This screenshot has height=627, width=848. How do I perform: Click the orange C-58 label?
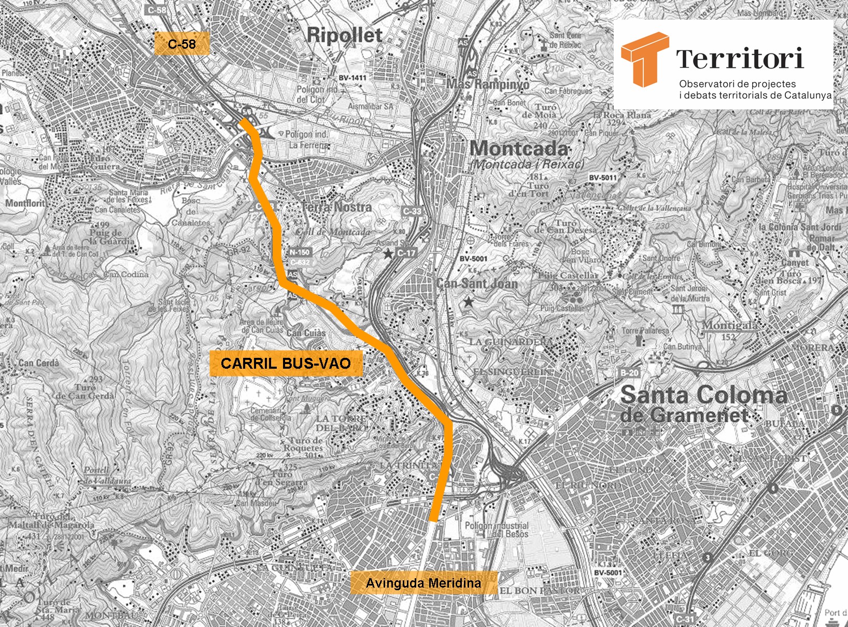[x=182, y=44]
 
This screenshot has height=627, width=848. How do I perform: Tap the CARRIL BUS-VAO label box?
[x=286, y=363]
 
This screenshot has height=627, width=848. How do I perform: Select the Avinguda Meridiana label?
[x=423, y=583]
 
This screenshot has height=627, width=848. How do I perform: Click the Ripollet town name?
[x=344, y=35]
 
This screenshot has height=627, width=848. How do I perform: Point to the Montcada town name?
[x=519, y=149]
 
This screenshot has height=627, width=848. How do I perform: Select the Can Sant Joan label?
[x=477, y=284]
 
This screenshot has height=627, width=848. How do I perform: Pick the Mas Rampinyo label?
[x=488, y=83]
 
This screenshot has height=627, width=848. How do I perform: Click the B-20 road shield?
[x=630, y=373]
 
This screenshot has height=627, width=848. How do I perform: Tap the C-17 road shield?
[x=406, y=253]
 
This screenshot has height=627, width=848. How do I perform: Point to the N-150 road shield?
[x=300, y=253]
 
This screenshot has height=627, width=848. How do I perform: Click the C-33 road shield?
[x=413, y=211]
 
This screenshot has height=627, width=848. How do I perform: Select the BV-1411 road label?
[x=352, y=78]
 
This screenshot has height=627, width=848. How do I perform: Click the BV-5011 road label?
[x=603, y=177]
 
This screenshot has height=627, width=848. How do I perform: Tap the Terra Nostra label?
[x=337, y=207]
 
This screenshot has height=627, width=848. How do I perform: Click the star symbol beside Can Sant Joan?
[x=469, y=301]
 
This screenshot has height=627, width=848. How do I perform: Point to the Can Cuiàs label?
[x=306, y=333]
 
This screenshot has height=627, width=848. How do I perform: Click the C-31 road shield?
[x=685, y=619]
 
